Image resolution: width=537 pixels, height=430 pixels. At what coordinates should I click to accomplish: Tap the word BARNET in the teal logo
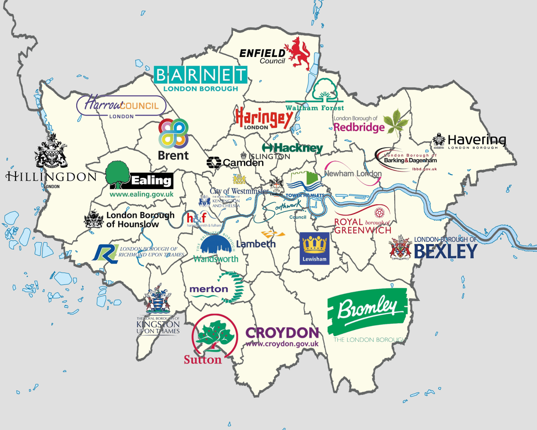[200, 75]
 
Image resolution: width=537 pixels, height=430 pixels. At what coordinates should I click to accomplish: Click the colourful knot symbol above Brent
[174, 133]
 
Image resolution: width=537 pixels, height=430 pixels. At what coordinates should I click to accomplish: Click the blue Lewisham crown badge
[314, 248]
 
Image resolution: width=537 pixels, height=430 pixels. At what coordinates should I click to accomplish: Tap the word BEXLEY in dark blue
[445, 252]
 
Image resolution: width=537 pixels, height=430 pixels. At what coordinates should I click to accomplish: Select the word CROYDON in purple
[282, 333]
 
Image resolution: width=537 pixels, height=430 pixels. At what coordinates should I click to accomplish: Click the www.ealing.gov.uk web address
[141, 194]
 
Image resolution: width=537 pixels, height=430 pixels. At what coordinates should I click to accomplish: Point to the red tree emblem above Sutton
[214, 335]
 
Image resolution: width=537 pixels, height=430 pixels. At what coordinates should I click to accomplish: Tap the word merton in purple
[209, 289]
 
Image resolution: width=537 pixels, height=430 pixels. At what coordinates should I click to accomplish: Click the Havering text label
[476, 139]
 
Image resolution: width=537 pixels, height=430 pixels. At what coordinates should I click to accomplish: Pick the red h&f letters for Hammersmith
[197, 218]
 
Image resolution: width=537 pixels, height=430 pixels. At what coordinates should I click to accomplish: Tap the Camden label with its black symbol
[235, 163]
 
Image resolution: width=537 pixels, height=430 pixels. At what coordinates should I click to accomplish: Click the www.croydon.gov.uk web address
[282, 344]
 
